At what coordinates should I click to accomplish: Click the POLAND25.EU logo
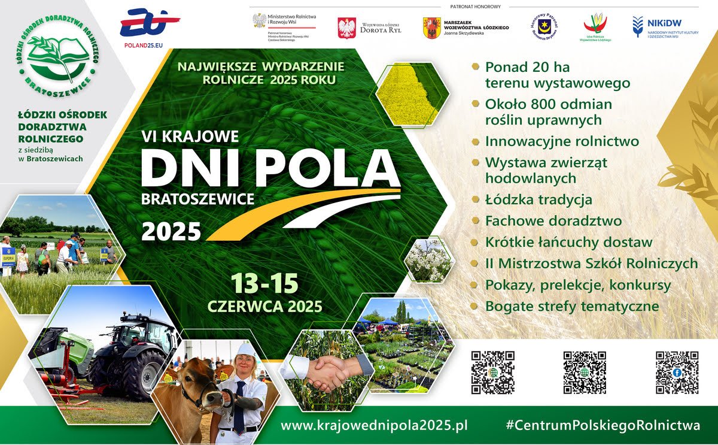pos(150,28)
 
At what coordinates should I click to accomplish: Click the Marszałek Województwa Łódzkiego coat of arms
pos(431,28)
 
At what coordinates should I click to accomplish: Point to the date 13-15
pos(265,283)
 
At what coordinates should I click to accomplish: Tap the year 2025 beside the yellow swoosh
pos(171,231)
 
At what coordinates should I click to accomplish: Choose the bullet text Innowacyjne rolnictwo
pos(562,142)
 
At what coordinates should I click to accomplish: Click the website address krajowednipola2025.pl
pos(374,426)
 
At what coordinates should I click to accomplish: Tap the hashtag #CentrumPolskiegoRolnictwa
pos(603,426)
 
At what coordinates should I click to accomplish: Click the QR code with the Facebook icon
pos(677,372)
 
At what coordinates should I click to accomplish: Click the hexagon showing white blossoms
pos(428,260)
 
